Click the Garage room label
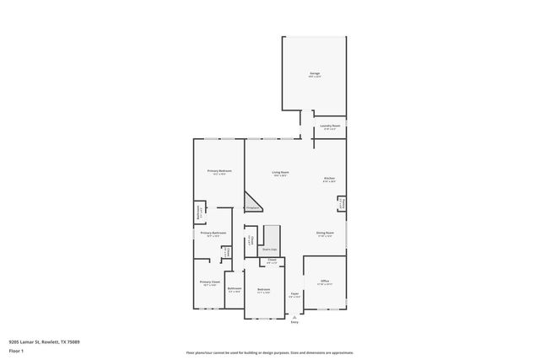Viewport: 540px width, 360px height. (x=315, y=74)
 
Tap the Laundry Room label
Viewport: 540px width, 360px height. (x=329, y=126)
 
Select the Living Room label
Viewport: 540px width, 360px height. (x=280, y=173)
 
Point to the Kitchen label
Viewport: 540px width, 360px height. (x=329, y=179)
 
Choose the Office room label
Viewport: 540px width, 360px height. (x=324, y=282)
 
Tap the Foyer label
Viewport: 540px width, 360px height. (x=294, y=294)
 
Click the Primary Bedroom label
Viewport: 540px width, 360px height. (x=219, y=171)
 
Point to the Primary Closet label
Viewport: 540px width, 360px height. (x=209, y=282)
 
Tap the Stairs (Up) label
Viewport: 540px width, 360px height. (x=270, y=250)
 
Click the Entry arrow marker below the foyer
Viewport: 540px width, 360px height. (x=294, y=314)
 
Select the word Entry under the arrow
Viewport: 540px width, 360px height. (x=294, y=322)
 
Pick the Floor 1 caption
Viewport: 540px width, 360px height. (x=17, y=350)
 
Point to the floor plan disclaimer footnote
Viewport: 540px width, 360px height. (x=269, y=352)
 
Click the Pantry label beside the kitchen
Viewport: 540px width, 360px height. (x=340, y=205)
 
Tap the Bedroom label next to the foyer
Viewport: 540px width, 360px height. (x=264, y=290)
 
